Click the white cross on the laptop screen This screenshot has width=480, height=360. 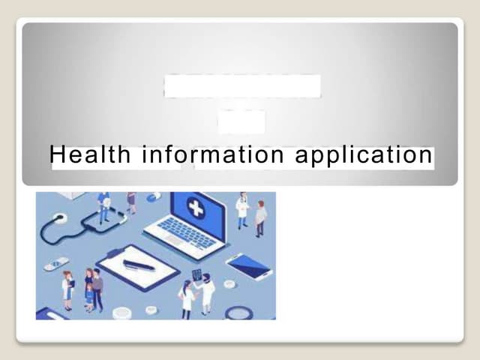point(196,208)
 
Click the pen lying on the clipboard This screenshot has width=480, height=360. point(139,265)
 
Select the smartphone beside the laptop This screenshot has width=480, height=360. point(250,265)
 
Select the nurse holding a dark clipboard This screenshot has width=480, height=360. point(67,289)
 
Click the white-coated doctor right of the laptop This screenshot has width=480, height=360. point(242,210)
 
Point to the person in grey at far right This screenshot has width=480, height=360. point(260,219)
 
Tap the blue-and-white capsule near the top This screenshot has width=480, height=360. point(154,197)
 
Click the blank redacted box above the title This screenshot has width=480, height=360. point(241,86)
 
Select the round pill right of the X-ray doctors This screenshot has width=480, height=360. point(229,284)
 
